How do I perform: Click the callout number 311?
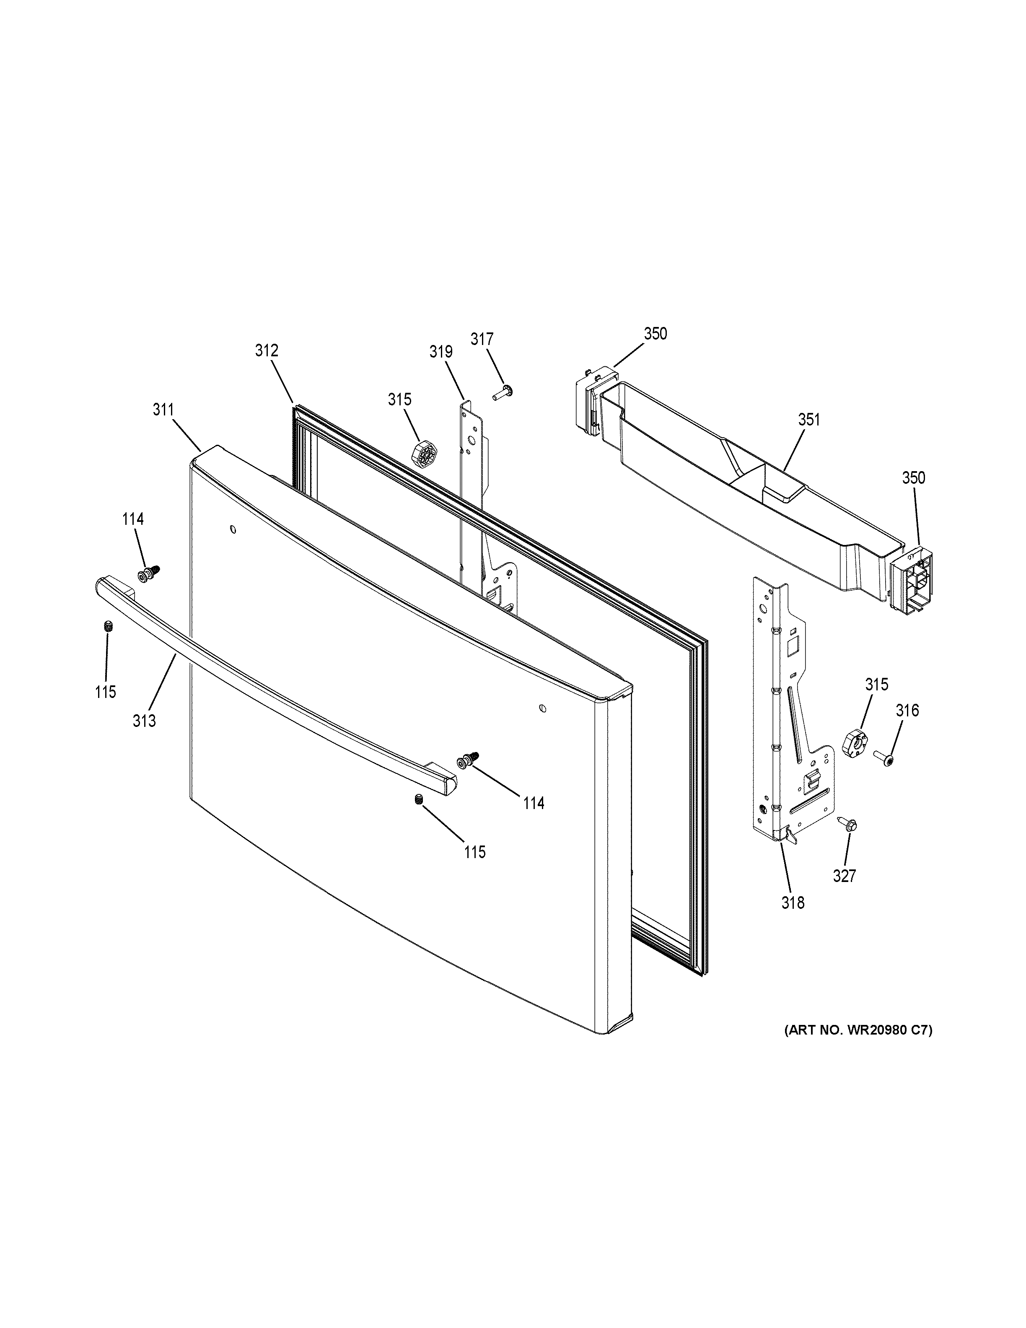tap(163, 410)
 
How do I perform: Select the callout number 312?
tap(266, 350)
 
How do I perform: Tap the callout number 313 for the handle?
tap(145, 721)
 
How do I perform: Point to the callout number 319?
tap(440, 351)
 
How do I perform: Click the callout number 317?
tap(482, 339)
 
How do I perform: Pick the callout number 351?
tap(808, 420)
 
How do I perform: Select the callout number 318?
tap(793, 903)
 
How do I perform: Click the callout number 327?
tap(844, 876)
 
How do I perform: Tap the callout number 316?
tap(907, 710)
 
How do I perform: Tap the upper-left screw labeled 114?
tap(148, 573)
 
